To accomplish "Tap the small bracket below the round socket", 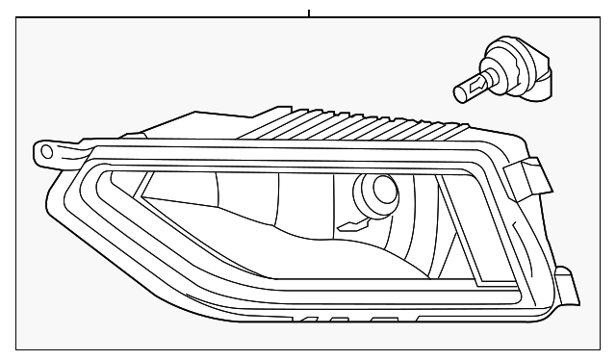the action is [357, 226].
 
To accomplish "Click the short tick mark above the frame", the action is [308, 13].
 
